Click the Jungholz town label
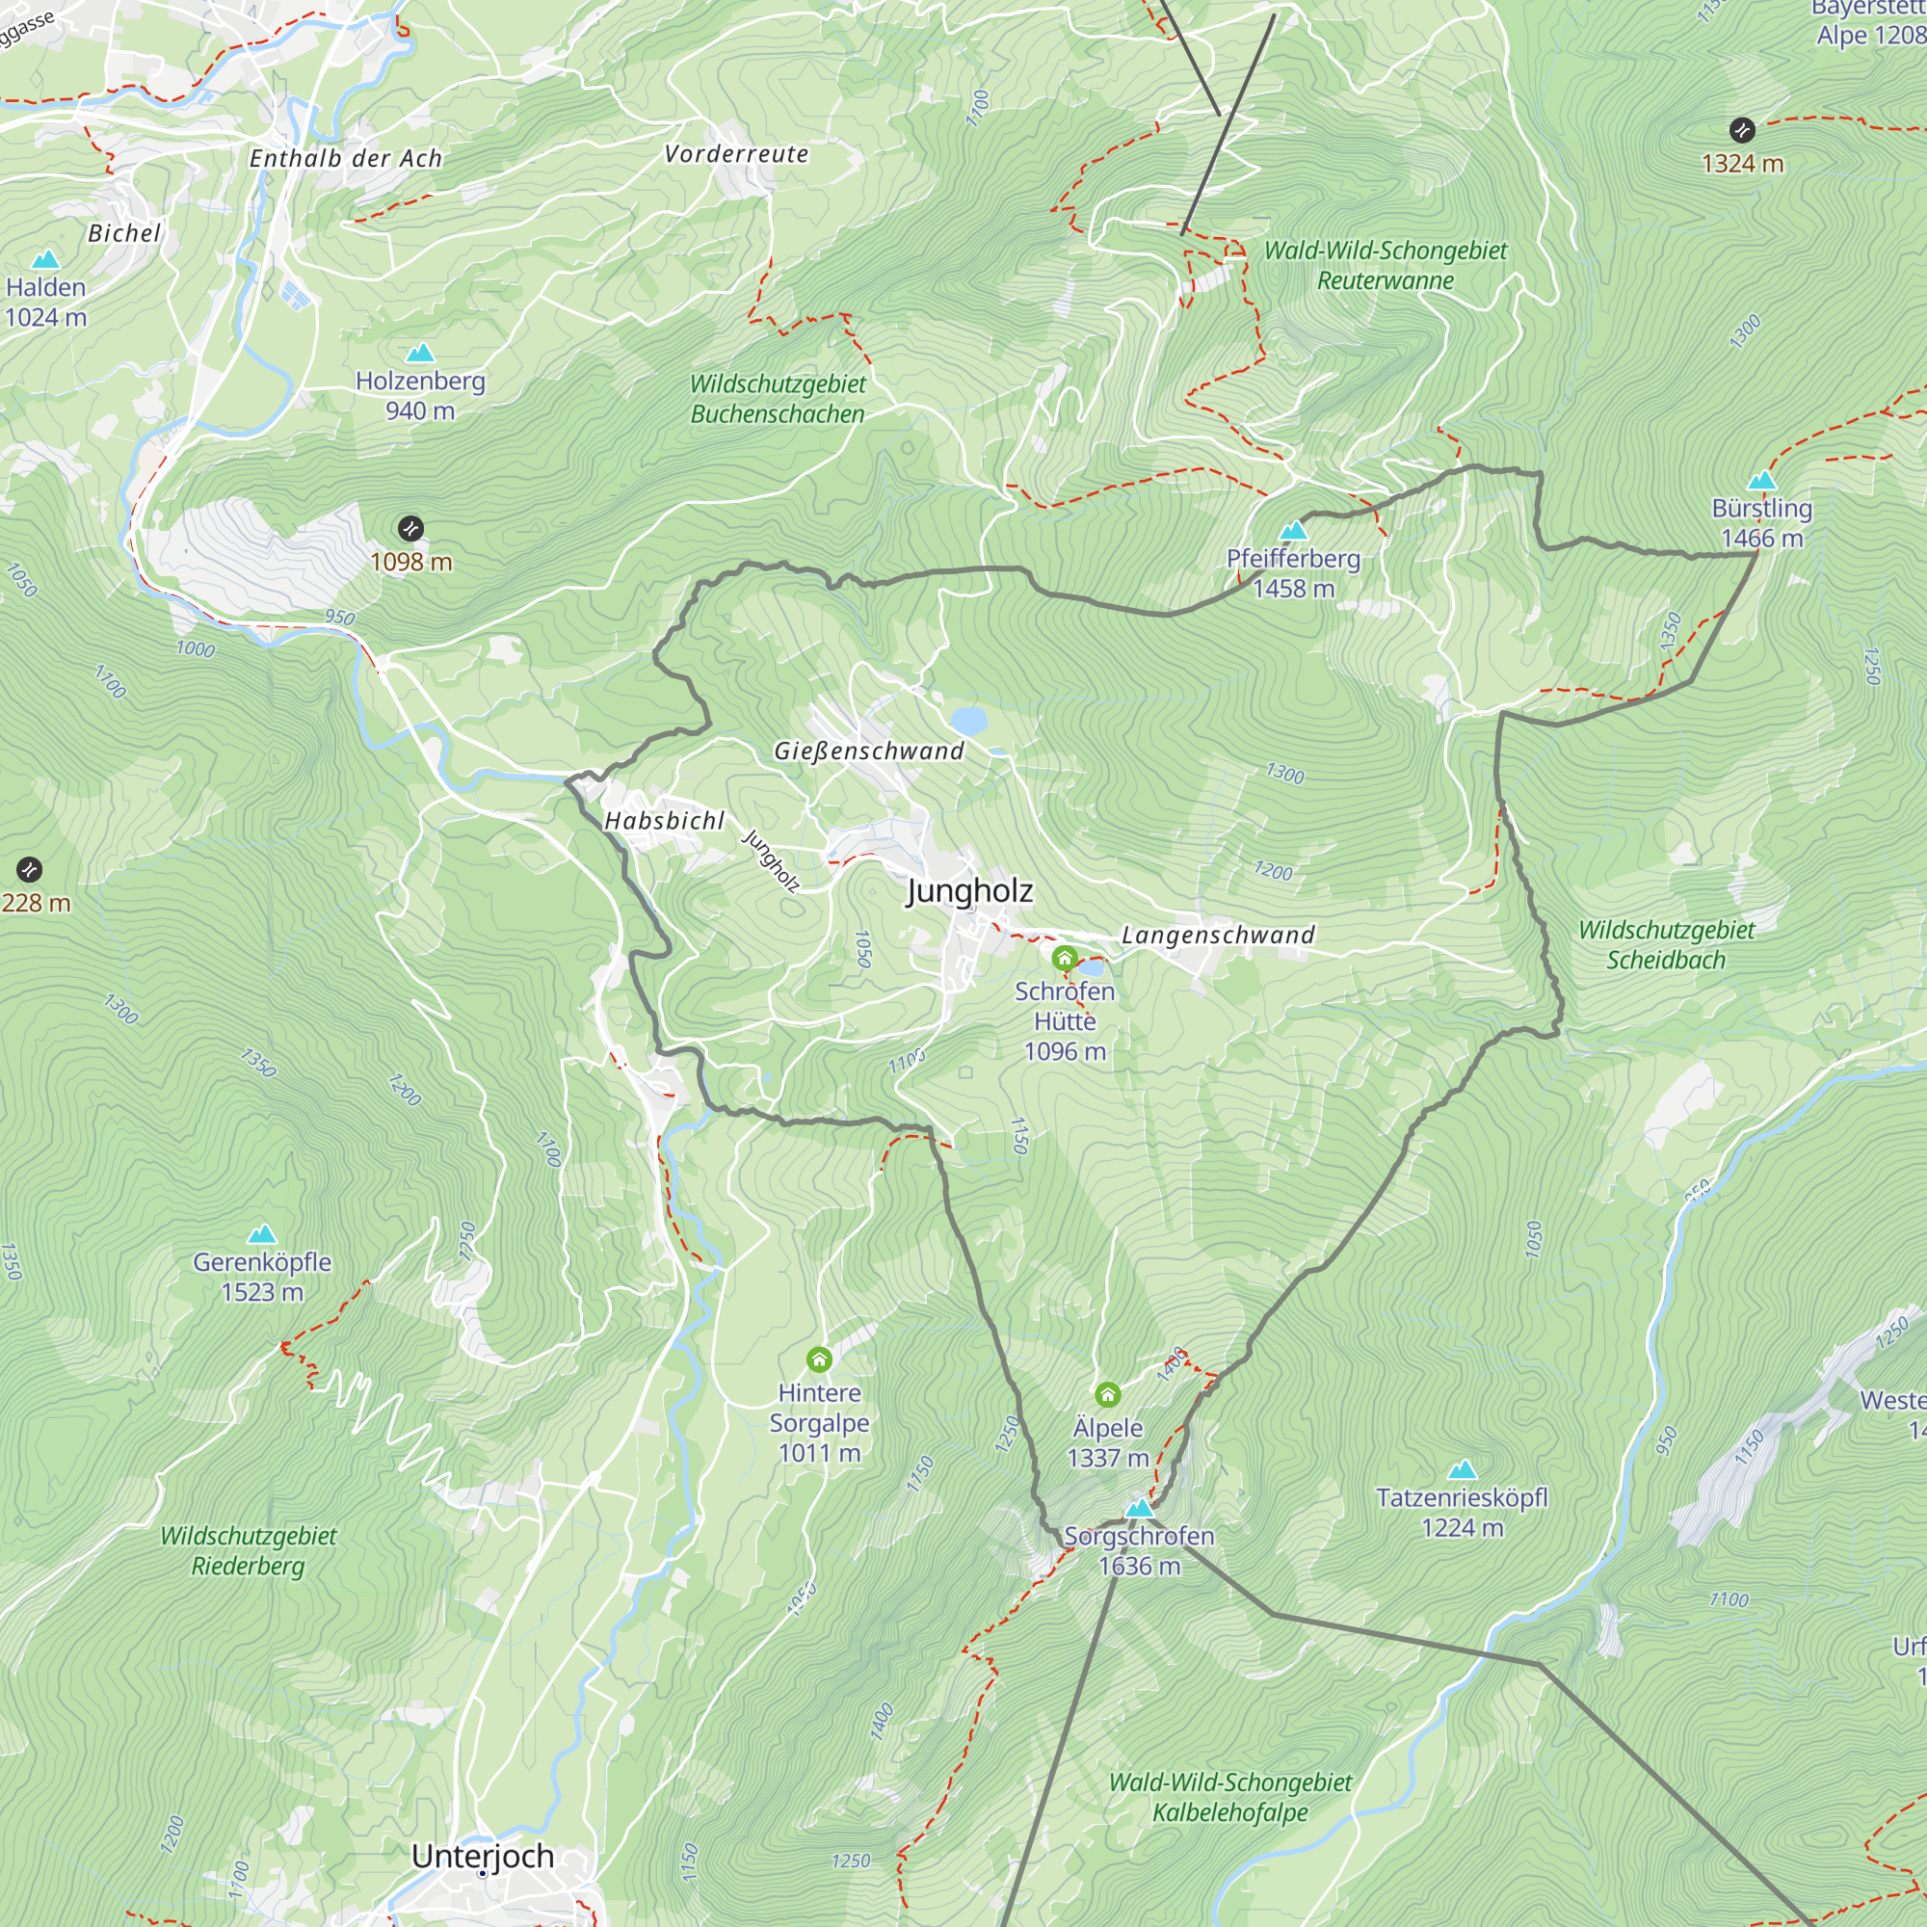[x=968, y=890]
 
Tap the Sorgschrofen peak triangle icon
[x=1139, y=1508]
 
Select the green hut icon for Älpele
[x=1107, y=1394]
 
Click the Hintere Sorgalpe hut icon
[x=819, y=1359]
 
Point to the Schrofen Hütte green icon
[x=1065, y=960]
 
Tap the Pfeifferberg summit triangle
[x=1293, y=530]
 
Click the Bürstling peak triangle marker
[x=1761, y=481]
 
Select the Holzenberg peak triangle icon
[x=420, y=353]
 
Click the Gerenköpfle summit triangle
[x=261, y=1235]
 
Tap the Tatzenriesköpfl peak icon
[x=1462, y=1469]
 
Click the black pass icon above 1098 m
[x=409, y=529]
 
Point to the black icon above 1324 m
[x=1741, y=130]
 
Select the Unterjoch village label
[x=483, y=1857]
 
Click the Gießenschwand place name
[x=869, y=752]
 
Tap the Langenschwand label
[x=1218, y=935]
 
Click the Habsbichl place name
[x=664, y=821]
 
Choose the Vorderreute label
[x=736, y=153]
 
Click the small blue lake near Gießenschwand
[x=968, y=720]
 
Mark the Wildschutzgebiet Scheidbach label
[x=1666, y=944]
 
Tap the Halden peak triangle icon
[x=45, y=260]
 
